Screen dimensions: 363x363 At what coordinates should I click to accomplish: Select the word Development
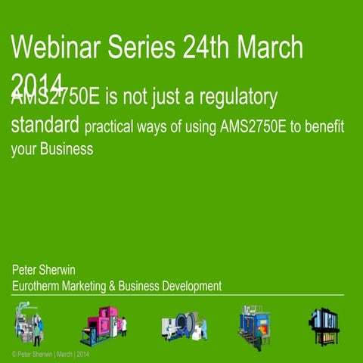pos(191,286)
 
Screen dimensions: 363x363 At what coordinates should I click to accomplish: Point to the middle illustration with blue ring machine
pos(179,325)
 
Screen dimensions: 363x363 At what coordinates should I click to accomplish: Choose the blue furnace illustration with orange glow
pos(253,324)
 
